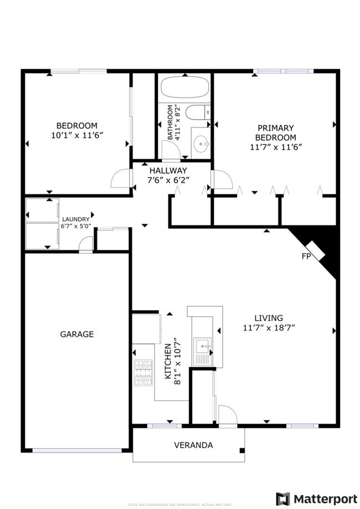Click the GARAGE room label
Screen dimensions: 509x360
click(76, 334)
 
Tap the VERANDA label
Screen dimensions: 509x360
click(193, 445)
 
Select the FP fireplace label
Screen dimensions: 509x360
click(305, 256)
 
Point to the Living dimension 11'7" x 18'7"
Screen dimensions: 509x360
click(269, 327)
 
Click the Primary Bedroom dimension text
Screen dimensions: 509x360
click(275, 147)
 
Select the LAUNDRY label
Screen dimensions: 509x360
click(75, 219)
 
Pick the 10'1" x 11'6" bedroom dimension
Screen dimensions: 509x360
click(76, 135)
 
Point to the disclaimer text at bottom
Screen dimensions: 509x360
click(180, 505)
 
